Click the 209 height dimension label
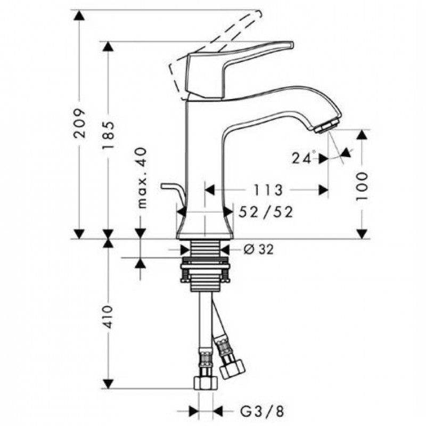[79, 124]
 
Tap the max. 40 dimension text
[141, 178]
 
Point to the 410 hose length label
[109, 317]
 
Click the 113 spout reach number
[268, 190]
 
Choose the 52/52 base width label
[266, 212]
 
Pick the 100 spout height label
[362, 186]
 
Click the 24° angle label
[303, 158]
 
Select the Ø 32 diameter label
[258, 249]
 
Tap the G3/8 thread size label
[262, 411]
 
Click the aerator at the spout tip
[327, 126]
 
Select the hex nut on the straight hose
[206, 382]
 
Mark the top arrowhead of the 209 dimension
[79, 15]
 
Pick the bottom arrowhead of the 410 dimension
[109, 383]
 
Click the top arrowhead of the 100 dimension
[362, 135]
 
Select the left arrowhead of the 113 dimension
[210, 190]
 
